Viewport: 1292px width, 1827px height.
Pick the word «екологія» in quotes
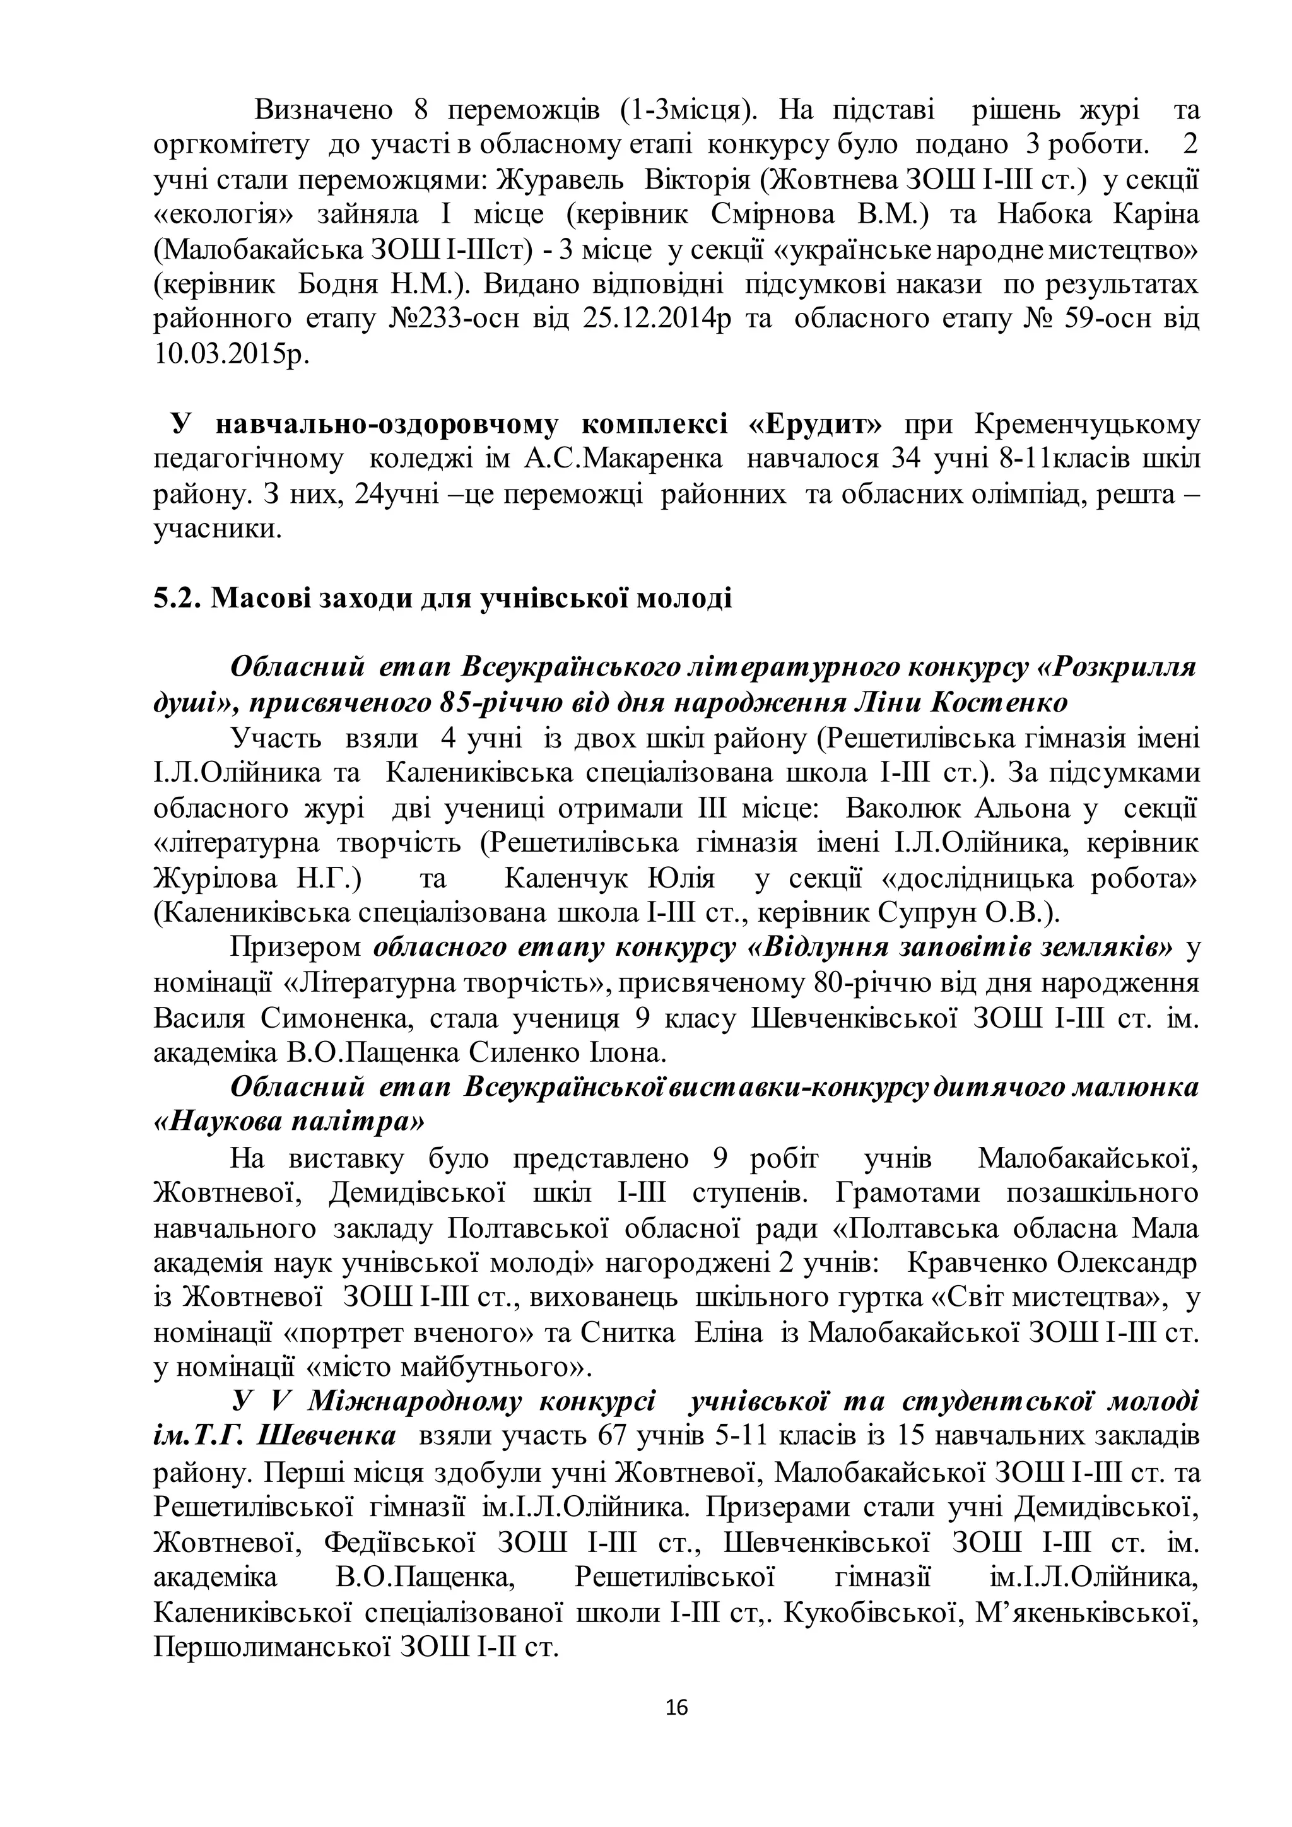[225, 215]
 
